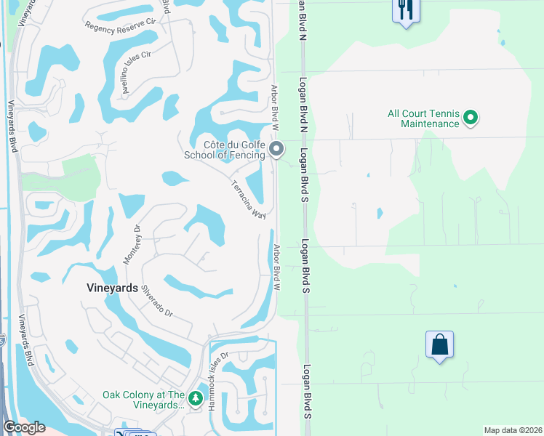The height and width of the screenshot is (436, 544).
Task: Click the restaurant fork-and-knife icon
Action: pos(405,10)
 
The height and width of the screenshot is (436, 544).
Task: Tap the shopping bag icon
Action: pos(440,344)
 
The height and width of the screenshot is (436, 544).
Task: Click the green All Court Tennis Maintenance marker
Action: pos(470,116)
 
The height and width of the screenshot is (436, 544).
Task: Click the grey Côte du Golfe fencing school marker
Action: pos(276,150)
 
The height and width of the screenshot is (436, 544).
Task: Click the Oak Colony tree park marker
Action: pos(195,398)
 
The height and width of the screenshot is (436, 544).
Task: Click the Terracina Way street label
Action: pos(248,198)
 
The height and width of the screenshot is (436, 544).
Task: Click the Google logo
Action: pos(25,427)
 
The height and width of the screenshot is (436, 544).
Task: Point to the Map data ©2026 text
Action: pos(513,430)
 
